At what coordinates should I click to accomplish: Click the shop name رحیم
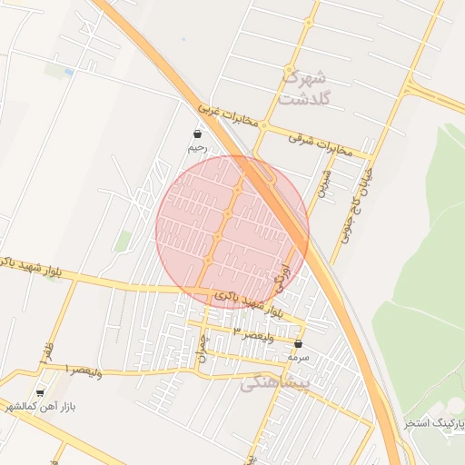pos(197,147)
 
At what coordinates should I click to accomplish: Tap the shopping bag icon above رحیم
pos(197,134)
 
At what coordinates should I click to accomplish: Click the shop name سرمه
pos(298,357)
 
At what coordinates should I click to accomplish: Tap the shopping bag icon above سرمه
pos(298,344)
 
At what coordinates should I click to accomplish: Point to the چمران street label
pos(202,351)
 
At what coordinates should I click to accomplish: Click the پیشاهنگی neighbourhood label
pos(276,384)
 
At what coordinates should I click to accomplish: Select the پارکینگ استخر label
pos(433,423)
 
